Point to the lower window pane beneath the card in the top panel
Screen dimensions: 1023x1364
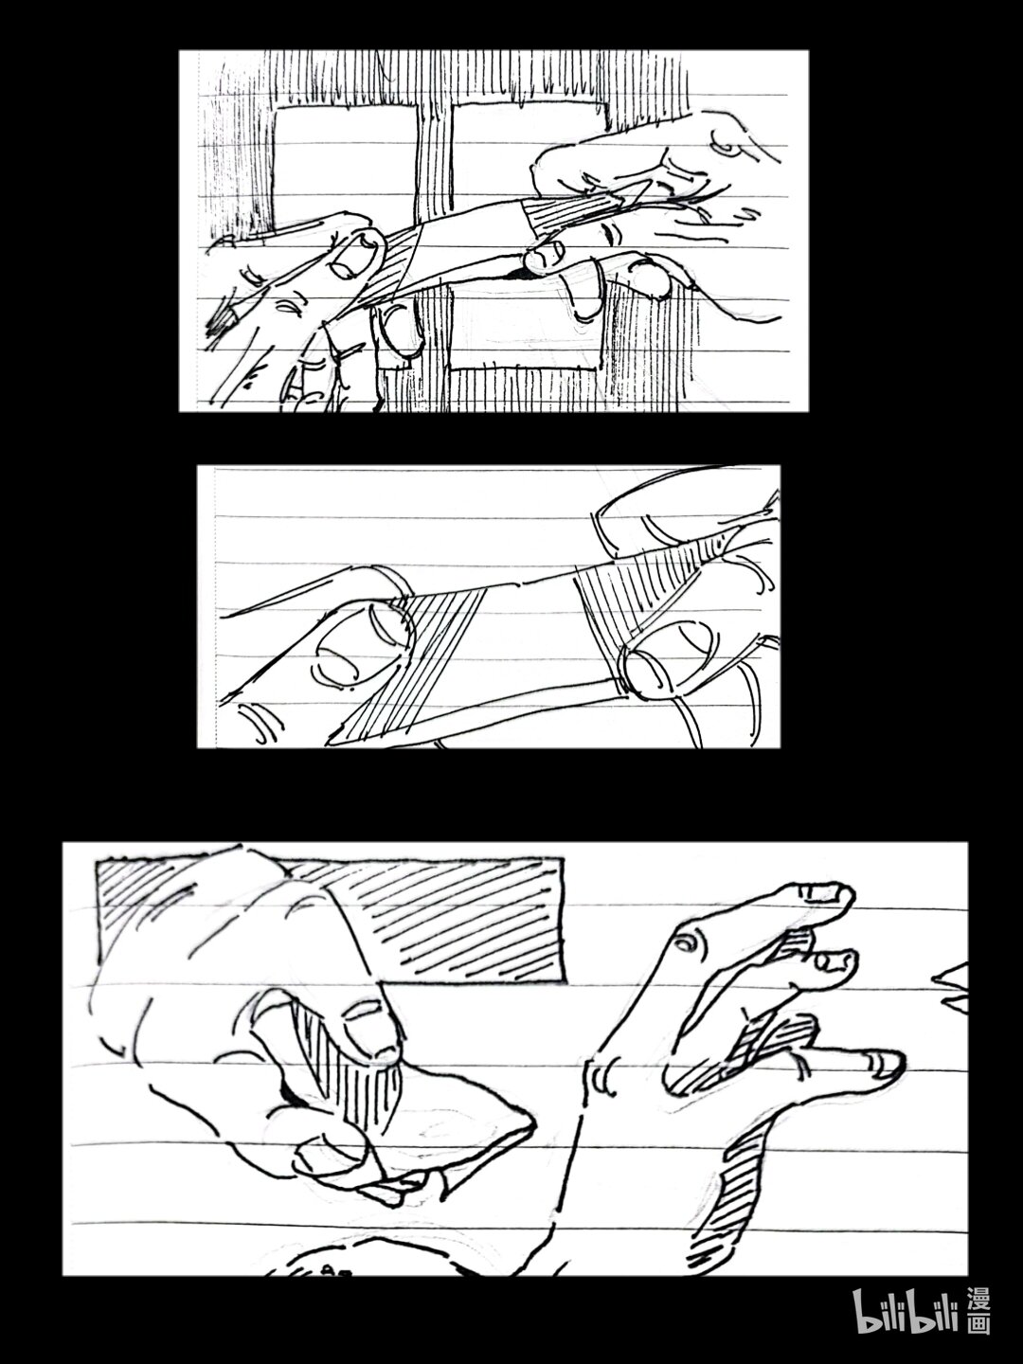point(523,330)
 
